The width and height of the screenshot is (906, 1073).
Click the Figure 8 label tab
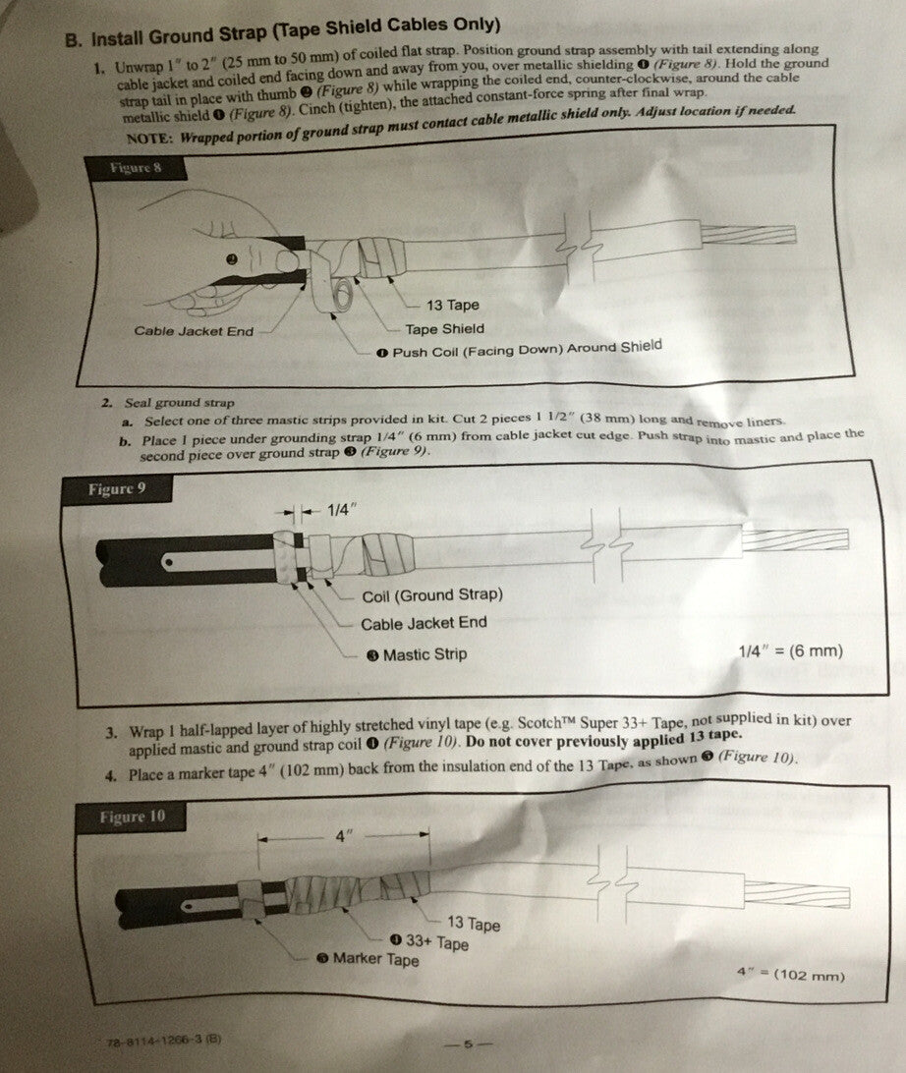tap(135, 168)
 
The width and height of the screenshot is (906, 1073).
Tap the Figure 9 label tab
tap(116, 489)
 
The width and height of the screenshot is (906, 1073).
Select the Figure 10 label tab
tap(131, 817)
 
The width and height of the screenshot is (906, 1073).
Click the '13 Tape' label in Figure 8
tap(452, 306)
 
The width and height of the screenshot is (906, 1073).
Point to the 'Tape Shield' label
tap(444, 329)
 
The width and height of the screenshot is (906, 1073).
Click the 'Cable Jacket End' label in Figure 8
tap(194, 331)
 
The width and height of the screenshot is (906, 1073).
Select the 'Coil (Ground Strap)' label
tap(432, 595)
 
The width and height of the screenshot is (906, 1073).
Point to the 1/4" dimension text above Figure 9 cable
tap(343, 511)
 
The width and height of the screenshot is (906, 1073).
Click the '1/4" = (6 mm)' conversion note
tap(790, 650)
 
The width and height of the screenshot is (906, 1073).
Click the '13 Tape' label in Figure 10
tap(474, 924)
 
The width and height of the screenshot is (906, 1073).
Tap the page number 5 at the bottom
tap(469, 1045)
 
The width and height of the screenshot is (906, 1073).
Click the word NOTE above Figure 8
tap(150, 138)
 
